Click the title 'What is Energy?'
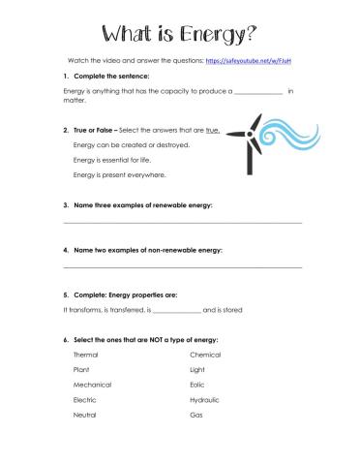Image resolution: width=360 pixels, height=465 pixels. [x=179, y=35]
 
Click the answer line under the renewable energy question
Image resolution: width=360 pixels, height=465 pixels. [x=182, y=223]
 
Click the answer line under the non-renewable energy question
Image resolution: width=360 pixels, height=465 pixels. [x=182, y=266]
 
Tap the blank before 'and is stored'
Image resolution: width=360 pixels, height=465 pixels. [x=177, y=310]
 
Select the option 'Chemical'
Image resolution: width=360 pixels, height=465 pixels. [x=205, y=355]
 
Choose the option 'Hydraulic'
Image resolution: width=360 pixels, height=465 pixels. [x=206, y=399]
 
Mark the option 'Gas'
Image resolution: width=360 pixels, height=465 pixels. [x=195, y=415]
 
